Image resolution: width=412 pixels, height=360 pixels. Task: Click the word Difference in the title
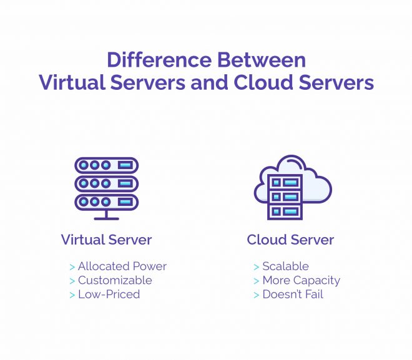pos(159,60)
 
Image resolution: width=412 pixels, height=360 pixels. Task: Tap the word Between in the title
pos(262,60)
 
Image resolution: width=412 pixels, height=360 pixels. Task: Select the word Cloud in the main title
pos(263,82)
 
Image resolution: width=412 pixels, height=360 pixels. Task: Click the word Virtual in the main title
pos(72,82)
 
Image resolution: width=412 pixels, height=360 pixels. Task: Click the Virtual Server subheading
pos(106,240)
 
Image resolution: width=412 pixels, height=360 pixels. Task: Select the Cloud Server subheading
pos(290,240)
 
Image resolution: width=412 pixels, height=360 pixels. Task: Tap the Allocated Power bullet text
pos(122,266)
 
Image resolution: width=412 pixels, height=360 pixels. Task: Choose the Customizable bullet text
pos(115,280)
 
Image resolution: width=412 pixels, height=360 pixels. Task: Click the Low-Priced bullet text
pos(109,294)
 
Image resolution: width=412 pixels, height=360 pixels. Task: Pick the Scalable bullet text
pos(286,266)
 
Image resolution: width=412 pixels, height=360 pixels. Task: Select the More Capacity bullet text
pos(302,281)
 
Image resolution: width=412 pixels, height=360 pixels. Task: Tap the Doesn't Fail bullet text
pos(293,294)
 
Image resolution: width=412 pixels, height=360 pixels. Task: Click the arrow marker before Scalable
pos(257,267)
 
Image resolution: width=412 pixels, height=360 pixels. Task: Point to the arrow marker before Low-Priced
pos(72,295)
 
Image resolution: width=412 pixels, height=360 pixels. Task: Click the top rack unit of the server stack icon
pos(106,165)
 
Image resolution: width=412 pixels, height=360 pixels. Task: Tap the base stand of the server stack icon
pos(106,215)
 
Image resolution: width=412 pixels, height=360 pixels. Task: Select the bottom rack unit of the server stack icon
pos(106,202)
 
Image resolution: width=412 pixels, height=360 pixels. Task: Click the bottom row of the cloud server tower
pos(285,212)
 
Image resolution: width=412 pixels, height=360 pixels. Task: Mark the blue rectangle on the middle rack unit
pos(125,183)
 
